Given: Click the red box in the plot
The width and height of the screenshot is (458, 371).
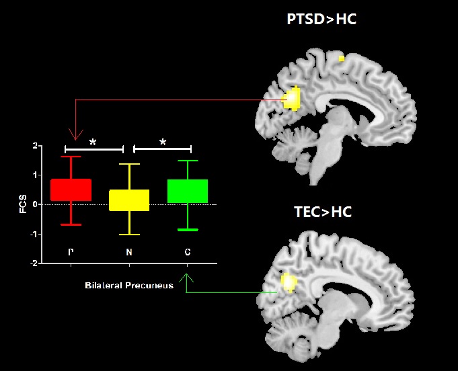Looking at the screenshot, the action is click(x=71, y=190).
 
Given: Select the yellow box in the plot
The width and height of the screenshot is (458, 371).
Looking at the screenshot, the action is click(x=129, y=200).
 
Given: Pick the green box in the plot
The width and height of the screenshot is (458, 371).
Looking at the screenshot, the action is click(x=188, y=191).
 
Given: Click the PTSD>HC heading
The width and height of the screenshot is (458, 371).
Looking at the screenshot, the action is click(x=321, y=19).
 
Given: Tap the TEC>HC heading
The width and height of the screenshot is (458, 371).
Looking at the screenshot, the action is click(x=323, y=213).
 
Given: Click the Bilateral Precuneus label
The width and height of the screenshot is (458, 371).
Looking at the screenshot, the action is click(x=129, y=286).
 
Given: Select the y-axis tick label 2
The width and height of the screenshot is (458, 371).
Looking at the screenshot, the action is click(x=34, y=146).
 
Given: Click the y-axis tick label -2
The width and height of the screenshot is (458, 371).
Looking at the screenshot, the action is click(x=33, y=263).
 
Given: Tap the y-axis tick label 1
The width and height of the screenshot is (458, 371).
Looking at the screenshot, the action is click(x=34, y=175).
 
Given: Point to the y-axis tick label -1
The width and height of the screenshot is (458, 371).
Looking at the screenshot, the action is click(x=33, y=234).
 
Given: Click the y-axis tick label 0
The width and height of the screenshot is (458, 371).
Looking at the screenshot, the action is click(x=34, y=204).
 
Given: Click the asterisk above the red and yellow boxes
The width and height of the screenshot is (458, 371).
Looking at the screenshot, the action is click(x=93, y=142).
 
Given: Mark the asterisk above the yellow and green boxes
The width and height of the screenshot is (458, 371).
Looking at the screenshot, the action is click(x=163, y=142).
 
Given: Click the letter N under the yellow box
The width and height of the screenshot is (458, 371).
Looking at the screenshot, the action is click(x=129, y=253).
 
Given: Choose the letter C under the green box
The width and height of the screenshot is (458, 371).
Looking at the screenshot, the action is click(x=188, y=253).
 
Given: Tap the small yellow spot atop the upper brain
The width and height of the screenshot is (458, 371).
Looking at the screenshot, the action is click(x=342, y=59).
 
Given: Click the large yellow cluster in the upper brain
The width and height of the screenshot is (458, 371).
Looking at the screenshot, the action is click(x=293, y=99).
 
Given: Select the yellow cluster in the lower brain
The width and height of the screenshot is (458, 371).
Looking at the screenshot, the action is click(x=289, y=282).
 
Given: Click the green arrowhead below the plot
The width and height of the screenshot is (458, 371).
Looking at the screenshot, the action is click(x=188, y=276).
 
